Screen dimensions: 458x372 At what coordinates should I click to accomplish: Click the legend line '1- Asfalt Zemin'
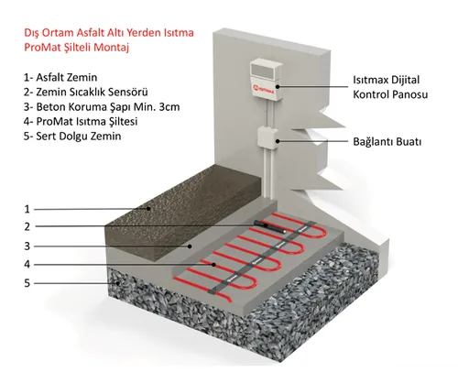point(60,77)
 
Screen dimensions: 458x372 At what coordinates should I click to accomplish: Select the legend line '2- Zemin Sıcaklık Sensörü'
point(86,92)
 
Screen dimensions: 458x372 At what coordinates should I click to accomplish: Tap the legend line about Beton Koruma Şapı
point(102,107)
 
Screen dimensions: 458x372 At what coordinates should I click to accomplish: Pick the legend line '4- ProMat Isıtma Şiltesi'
point(81,122)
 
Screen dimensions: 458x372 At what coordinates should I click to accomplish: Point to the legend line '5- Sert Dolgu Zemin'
point(72,136)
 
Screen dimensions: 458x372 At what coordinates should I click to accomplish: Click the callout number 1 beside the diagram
point(27,209)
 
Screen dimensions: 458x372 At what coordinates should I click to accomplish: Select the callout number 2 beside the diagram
point(27,226)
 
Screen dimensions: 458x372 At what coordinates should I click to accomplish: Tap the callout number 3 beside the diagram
point(27,246)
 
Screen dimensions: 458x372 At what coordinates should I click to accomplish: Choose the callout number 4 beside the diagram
point(27,264)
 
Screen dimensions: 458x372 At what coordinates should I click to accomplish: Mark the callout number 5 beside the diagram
point(27,283)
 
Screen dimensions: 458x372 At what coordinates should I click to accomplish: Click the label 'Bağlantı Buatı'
point(387,142)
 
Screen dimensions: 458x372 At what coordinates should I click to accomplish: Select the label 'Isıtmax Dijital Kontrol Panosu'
point(390,87)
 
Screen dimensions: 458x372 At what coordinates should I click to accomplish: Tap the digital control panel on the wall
point(265,81)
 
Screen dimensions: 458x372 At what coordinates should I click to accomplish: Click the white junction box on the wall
point(267,138)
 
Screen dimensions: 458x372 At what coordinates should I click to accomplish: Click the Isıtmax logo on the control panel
point(264,90)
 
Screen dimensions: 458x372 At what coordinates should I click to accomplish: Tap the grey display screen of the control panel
point(264,71)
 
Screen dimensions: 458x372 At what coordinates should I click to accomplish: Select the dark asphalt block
point(183,211)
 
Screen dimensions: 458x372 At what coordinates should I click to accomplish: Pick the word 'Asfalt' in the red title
point(90,33)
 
